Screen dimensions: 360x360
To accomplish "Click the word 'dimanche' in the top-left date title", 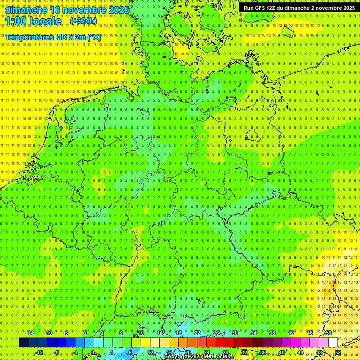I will [26, 10].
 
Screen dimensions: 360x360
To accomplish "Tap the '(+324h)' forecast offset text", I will [83, 21].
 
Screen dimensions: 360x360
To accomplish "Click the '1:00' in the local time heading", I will [16, 22].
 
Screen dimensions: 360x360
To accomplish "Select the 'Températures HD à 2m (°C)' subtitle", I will [53, 37].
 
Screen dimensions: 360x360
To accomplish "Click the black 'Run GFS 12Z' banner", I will [299, 8].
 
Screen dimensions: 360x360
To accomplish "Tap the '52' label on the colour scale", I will [338, 352].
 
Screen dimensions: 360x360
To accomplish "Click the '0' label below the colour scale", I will [93, 352].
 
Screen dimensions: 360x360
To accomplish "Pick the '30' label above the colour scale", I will [234, 333].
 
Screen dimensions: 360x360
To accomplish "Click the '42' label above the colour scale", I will [291, 333].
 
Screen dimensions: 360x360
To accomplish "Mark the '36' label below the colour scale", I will [262, 352].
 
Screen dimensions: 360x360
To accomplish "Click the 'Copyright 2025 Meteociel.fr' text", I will [199, 357].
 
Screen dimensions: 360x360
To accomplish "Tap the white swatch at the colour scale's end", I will [333, 343].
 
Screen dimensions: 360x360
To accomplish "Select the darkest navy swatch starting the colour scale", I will [23, 343].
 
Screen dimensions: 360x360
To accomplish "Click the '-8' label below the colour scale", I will [57, 352].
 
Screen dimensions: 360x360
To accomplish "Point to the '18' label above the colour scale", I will [179, 333].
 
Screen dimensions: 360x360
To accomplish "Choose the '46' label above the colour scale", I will [309, 333].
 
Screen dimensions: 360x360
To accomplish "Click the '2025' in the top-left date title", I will [118, 10].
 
